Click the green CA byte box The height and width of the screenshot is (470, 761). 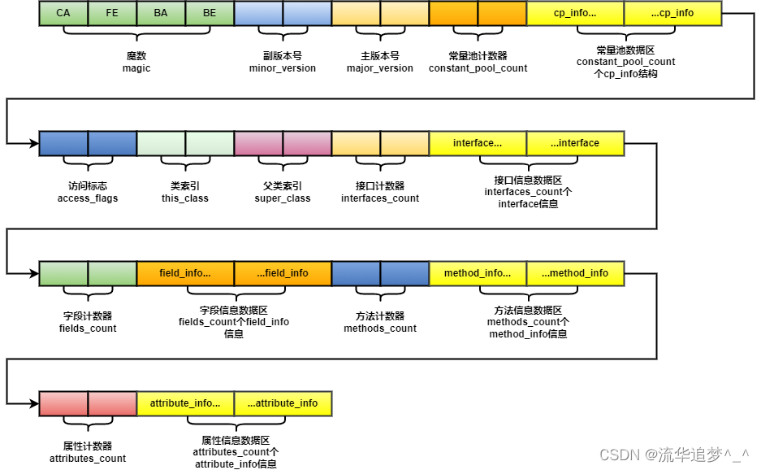63,13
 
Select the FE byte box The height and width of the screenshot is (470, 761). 112,13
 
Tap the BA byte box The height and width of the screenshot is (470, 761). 161,13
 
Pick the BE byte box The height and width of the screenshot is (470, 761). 210,13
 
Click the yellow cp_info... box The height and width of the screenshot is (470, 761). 575,13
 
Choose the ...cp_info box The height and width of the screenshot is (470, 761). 672,13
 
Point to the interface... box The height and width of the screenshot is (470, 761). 478,143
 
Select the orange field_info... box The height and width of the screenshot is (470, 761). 185,273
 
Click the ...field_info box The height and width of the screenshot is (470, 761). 283,273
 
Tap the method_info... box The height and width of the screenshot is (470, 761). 478,273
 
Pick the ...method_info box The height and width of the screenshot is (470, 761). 575,273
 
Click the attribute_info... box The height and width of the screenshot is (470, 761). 185,403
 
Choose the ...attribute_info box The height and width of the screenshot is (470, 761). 283,403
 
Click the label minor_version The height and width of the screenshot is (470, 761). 283,68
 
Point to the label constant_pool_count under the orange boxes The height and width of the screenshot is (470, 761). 478,68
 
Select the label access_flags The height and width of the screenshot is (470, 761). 88,198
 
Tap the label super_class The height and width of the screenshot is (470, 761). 283,198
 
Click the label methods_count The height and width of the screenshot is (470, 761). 380,329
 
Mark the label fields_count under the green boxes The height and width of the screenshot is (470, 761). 88,329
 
